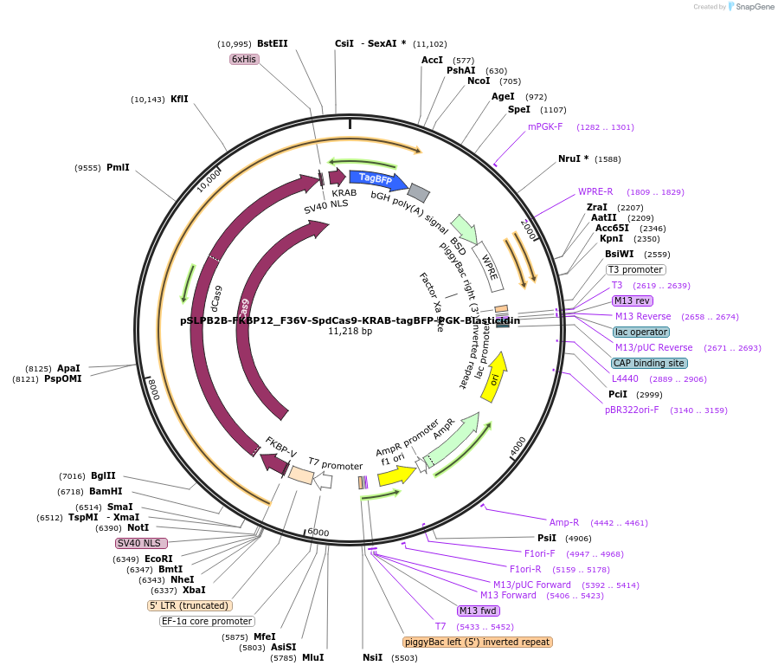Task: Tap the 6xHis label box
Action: (x=243, y=59)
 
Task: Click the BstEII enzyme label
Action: (x=272, y=43)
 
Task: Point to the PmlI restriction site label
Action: (x=118, y=167)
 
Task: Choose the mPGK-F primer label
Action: (x=545, y=126)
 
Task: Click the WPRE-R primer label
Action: (x=595, y=191)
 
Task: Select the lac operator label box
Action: (x=640, y=332)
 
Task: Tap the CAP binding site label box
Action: (x=648, y=363)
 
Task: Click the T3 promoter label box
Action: (x=635, y=269)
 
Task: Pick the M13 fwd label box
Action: (x=479, y=611)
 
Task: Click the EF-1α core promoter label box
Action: (x=207, y=621)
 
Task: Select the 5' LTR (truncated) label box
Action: (x=189, y=605)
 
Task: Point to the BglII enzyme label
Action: (x=103, y=475)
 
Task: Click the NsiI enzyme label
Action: (x=372, y=657)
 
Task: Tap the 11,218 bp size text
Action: (x=350, y=331)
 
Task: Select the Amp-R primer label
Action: (x=563, y=522)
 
